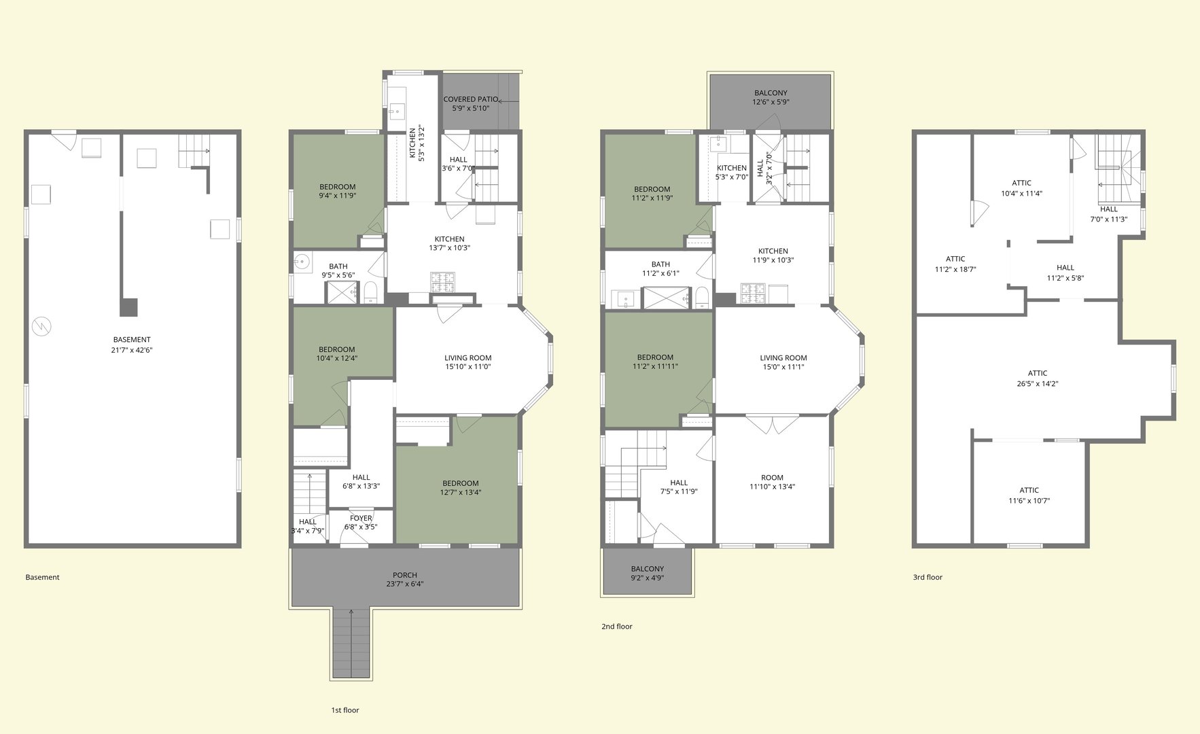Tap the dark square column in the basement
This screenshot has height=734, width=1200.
[128, 307]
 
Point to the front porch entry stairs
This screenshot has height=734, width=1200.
[351, 643]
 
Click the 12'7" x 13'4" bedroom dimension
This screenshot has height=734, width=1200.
[461, 492]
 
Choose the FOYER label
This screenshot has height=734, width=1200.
[361, 518]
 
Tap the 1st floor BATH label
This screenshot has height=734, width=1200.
[338, 266]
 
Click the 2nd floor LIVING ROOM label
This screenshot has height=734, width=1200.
[783, 357]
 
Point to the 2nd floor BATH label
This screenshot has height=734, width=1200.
[660, 264]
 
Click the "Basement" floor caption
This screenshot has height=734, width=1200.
[42, 577]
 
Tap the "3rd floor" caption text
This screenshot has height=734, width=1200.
[928, 577]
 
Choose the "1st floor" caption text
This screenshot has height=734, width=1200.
[345, 710]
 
